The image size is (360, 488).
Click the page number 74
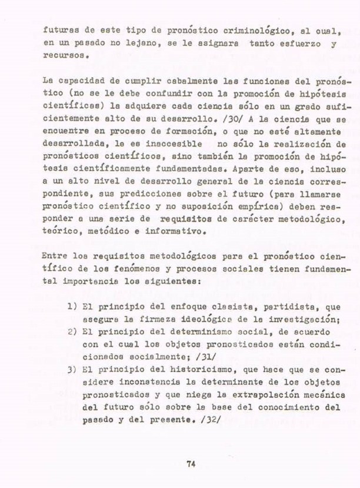click(x=190, y=463)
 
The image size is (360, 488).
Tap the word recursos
click(x=65, y=58)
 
